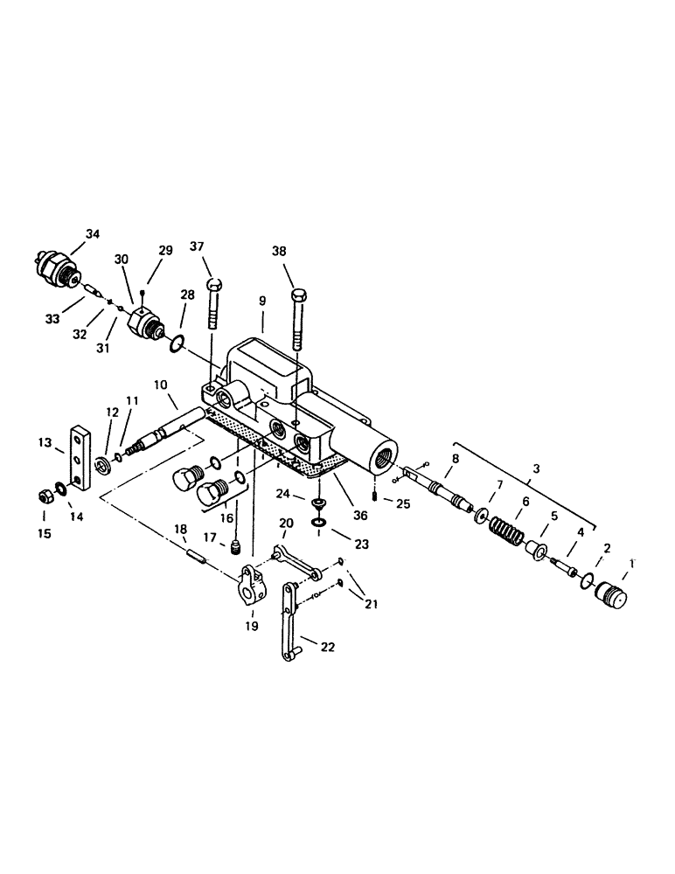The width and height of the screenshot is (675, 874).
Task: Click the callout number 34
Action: coord(93,233)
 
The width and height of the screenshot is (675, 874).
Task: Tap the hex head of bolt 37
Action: coord(215,286)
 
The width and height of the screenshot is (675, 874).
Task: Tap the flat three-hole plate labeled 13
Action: coord(80,459)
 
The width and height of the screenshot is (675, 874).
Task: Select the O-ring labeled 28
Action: coord(176,346)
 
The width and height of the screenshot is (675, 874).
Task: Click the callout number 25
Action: coord(403,504)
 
